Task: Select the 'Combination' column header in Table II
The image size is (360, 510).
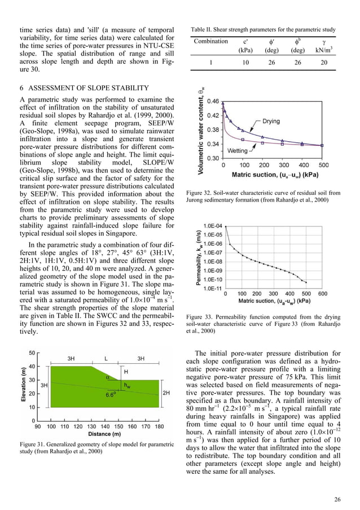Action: point(210,41)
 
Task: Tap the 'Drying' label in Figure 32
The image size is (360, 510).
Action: point(276,121)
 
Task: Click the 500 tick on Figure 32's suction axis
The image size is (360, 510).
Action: point(323,165)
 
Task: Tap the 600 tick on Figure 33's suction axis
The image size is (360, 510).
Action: point(322,294)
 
